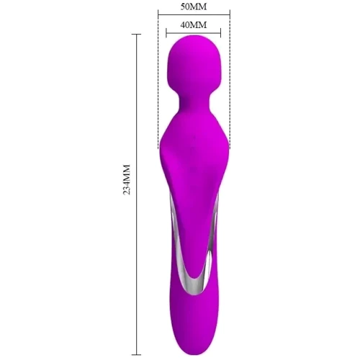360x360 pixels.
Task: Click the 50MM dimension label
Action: [194, 6]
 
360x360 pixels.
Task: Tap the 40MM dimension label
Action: [194, 24]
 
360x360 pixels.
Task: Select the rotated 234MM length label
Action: [127, 179]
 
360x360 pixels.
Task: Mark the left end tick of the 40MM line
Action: [166, 33]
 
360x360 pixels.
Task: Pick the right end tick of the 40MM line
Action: [220, 33]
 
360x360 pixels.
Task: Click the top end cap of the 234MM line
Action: [137, 35]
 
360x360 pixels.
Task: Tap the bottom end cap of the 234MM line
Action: [137, 355]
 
